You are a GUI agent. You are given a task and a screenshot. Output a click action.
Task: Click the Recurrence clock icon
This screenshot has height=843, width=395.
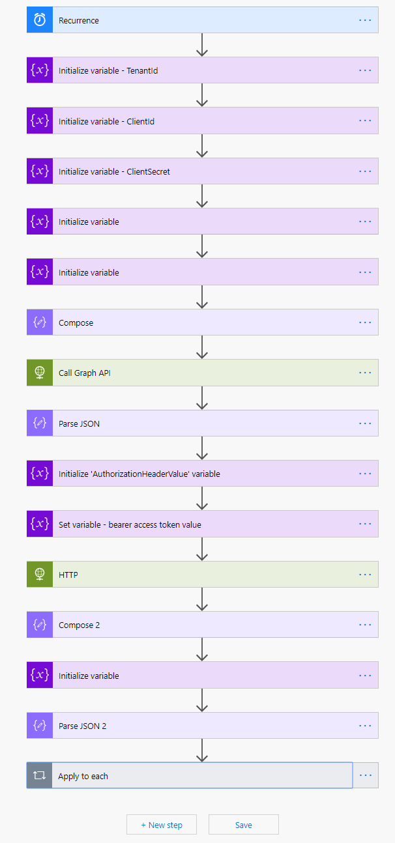click(x=40, y=20)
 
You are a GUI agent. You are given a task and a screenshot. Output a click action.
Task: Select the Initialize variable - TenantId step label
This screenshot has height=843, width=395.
click(x=108, y=70)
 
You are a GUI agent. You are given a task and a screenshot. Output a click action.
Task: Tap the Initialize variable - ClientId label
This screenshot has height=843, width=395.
click(x=106, y=121)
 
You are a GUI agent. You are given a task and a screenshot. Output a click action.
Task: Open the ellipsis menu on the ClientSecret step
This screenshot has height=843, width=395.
click(x=365, y=171)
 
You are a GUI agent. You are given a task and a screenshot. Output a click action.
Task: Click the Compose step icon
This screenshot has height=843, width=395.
click(x=40, y=322)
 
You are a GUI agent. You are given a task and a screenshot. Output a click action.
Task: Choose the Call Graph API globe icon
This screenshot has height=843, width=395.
click(x=40, y=373)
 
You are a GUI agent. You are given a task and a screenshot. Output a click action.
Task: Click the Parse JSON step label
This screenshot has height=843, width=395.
click(x=79, y=423)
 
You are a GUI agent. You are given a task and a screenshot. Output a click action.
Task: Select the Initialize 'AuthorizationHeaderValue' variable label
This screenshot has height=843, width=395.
click(x=139, y=474)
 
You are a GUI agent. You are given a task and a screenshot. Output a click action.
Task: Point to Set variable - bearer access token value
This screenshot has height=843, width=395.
click(x=130, y=524)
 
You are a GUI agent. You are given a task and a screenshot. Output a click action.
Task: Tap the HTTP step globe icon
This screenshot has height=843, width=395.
click(x=40, y=575)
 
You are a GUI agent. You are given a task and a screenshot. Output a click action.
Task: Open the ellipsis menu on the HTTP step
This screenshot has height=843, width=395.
click(x=365, y=575)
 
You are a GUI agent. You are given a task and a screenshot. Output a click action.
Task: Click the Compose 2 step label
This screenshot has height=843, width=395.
click(x=80, y=625)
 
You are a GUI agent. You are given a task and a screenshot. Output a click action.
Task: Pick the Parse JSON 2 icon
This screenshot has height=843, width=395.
click(x=40, y=726)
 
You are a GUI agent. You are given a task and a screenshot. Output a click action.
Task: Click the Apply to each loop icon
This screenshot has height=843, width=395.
click(x=39, y=776)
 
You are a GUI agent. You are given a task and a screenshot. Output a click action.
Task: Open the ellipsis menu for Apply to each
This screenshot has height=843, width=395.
click(x=366, y=775)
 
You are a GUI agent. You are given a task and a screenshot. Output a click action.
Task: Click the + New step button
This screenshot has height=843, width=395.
click(x=162, y=825)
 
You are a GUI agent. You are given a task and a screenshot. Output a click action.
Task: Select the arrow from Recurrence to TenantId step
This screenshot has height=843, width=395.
click(x=202, y=45)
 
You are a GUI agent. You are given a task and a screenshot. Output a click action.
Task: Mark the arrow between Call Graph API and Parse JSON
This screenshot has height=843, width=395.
click(x=202, y=398)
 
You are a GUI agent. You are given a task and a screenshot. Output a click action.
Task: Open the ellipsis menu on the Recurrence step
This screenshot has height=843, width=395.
click(x=365, y=20)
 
